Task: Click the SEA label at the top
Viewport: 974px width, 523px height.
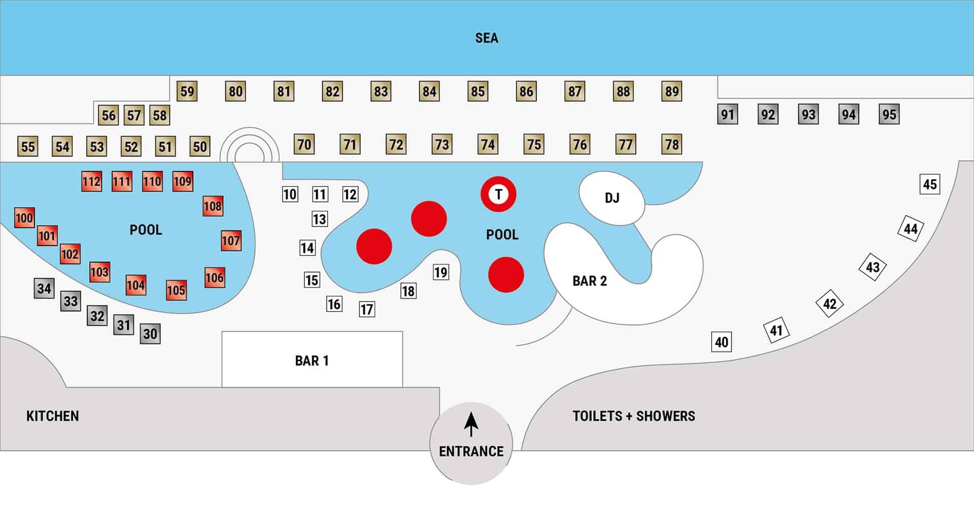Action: (486, 38)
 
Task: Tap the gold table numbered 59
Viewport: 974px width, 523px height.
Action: (187, 91)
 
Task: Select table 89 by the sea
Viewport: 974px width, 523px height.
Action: (672, 91)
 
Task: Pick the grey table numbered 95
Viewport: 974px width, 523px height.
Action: (889, 114)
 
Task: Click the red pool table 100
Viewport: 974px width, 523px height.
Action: (24, 218)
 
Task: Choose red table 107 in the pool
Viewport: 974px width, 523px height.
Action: (231, 240)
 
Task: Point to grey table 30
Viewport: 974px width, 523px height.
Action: (150, 334)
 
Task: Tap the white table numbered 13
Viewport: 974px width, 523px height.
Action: (320, 219)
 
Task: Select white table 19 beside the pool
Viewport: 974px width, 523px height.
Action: (441, 272)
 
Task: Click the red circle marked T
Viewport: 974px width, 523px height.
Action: (499, 194)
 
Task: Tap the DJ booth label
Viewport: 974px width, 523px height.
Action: (612, 198)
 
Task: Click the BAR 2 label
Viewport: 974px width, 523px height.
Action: (589, 281)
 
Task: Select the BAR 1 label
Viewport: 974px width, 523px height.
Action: (312, 361)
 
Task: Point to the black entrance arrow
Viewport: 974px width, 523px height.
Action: (471, 424)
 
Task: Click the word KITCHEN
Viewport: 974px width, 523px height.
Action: (53, 416)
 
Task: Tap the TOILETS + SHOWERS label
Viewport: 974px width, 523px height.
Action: (634, 416)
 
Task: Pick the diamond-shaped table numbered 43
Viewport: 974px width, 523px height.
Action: (873, 267)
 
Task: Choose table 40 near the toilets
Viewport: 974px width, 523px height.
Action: (721, 342)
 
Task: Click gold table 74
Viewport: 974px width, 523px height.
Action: (488, 145)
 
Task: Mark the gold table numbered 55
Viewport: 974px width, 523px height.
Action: (28, 147)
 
